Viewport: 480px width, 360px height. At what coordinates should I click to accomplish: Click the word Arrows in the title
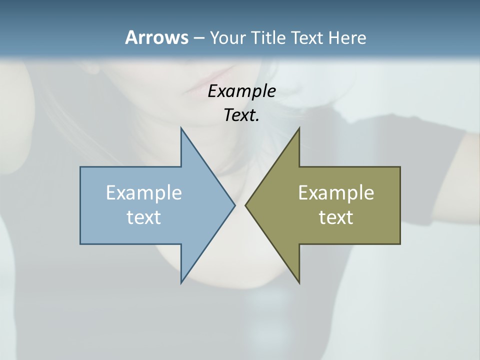tap(156, 37)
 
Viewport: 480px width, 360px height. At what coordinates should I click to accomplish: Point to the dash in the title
tap(198, 38)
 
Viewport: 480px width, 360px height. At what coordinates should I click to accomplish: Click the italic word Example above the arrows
tap(241, 91)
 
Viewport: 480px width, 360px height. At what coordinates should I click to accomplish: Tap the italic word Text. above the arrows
tap(241, 115)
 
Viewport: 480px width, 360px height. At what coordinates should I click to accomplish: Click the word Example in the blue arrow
tap(144, 192)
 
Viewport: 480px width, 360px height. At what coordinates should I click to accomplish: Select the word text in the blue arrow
tap(144, 217)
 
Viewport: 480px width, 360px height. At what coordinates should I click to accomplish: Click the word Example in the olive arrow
tap(336, 192)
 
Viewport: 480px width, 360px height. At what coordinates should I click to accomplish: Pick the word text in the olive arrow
tap(336, 217)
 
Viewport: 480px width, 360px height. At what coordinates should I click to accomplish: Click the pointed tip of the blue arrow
tap(234, 205)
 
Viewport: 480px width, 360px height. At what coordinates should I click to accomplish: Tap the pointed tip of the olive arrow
tap(245, 205)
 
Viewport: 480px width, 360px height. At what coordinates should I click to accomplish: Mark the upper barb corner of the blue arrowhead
tap(181, 128)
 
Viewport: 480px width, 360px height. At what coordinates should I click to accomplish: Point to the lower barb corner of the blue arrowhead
tap(181, 282)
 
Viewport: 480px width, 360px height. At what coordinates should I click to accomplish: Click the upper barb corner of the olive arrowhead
tap(299, 128)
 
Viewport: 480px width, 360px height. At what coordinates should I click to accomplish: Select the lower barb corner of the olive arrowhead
tap(299, 282)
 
